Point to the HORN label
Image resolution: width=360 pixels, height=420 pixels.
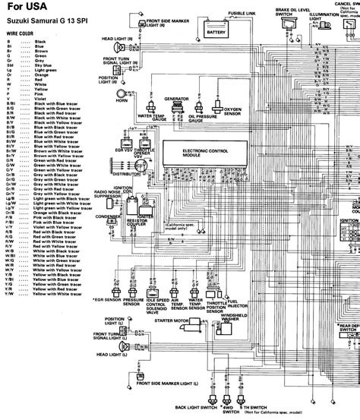[120, 100]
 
